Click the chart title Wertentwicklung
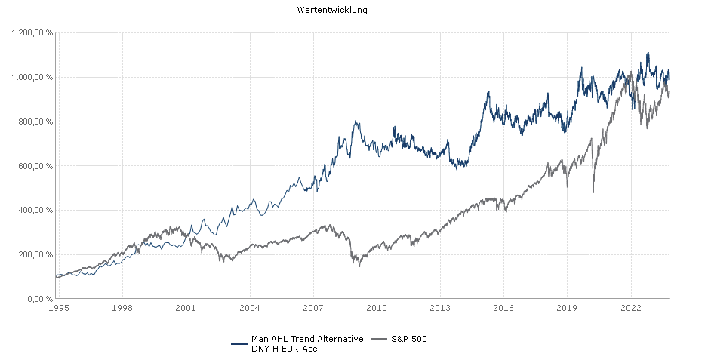click(x=332, y=11)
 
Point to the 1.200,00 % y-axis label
click(x=32, y=33)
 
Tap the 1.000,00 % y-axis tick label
click(x=32, y=77)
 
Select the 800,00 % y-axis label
click(x=35, y=122)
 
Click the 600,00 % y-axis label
click(x=35, y=166)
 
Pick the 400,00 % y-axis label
click(x=35, y=211)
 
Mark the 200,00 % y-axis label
click(x=35, y=254)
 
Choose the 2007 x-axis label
click(x=313, y=308)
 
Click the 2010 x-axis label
click(x=377, y=308)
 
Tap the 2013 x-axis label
click(x=440, y=308)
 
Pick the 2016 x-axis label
click(x=503, y=308)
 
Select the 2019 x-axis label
click(x=567, y=308)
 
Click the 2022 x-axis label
click(x=631, y=308)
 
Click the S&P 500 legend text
click(x=408, y=339)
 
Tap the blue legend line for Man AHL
click(x=239, y=343)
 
